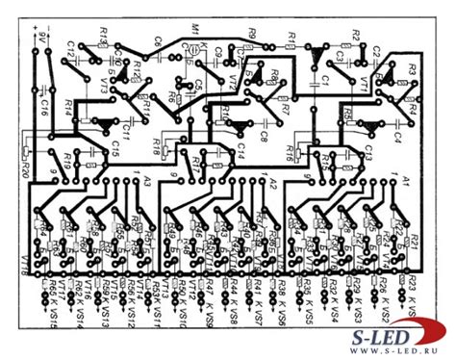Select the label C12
tap(72, 46)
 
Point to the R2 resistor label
tap(355, 35)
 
